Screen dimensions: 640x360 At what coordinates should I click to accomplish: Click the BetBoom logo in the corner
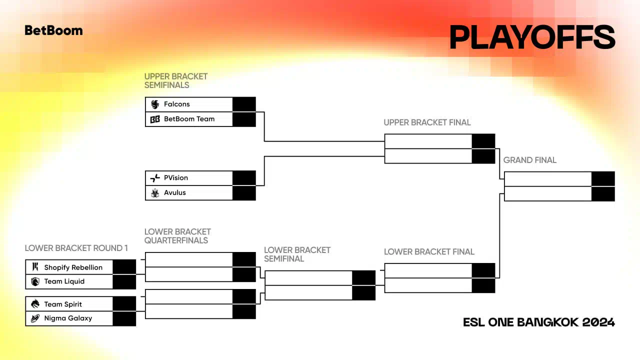[x=53, y=30]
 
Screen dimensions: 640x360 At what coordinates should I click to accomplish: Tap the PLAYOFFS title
[x=532, y=37]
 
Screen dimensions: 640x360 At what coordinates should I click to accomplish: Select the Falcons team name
[x=177, y=104]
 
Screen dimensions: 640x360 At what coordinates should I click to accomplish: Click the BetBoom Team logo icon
[x=155, y=119]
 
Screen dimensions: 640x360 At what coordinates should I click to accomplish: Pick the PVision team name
[x=176, y=177]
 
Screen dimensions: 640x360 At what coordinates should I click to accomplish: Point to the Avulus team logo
[x=155, y=193]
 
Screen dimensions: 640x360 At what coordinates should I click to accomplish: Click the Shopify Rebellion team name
[x=73, y=267]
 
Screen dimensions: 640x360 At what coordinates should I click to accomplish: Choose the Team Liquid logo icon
[x=35, y=281]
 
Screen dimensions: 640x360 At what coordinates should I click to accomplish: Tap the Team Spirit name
[x=63, y=304]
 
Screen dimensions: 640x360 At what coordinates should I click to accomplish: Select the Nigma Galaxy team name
[x=68, y=318]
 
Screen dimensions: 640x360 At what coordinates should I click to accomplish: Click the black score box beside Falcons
[x=244, y=104]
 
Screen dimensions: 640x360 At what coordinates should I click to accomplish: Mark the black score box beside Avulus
[x=244, y=193]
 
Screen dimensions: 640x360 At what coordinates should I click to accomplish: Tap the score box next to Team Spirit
[x=124, y=304]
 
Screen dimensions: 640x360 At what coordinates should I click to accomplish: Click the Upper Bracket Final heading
[x=427, y=122]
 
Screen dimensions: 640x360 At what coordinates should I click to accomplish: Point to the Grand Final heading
[x=529, y=160]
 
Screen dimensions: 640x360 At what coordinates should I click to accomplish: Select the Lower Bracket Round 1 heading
[x=76, y=248]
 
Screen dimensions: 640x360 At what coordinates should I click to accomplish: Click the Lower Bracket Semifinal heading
[x=297, y=254]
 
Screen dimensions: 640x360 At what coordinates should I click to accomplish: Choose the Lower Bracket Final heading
[x=429, y=252]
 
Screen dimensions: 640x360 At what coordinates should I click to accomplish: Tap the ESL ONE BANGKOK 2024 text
[x=539, y=322]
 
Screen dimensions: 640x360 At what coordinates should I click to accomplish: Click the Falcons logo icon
[x=155, y=104]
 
